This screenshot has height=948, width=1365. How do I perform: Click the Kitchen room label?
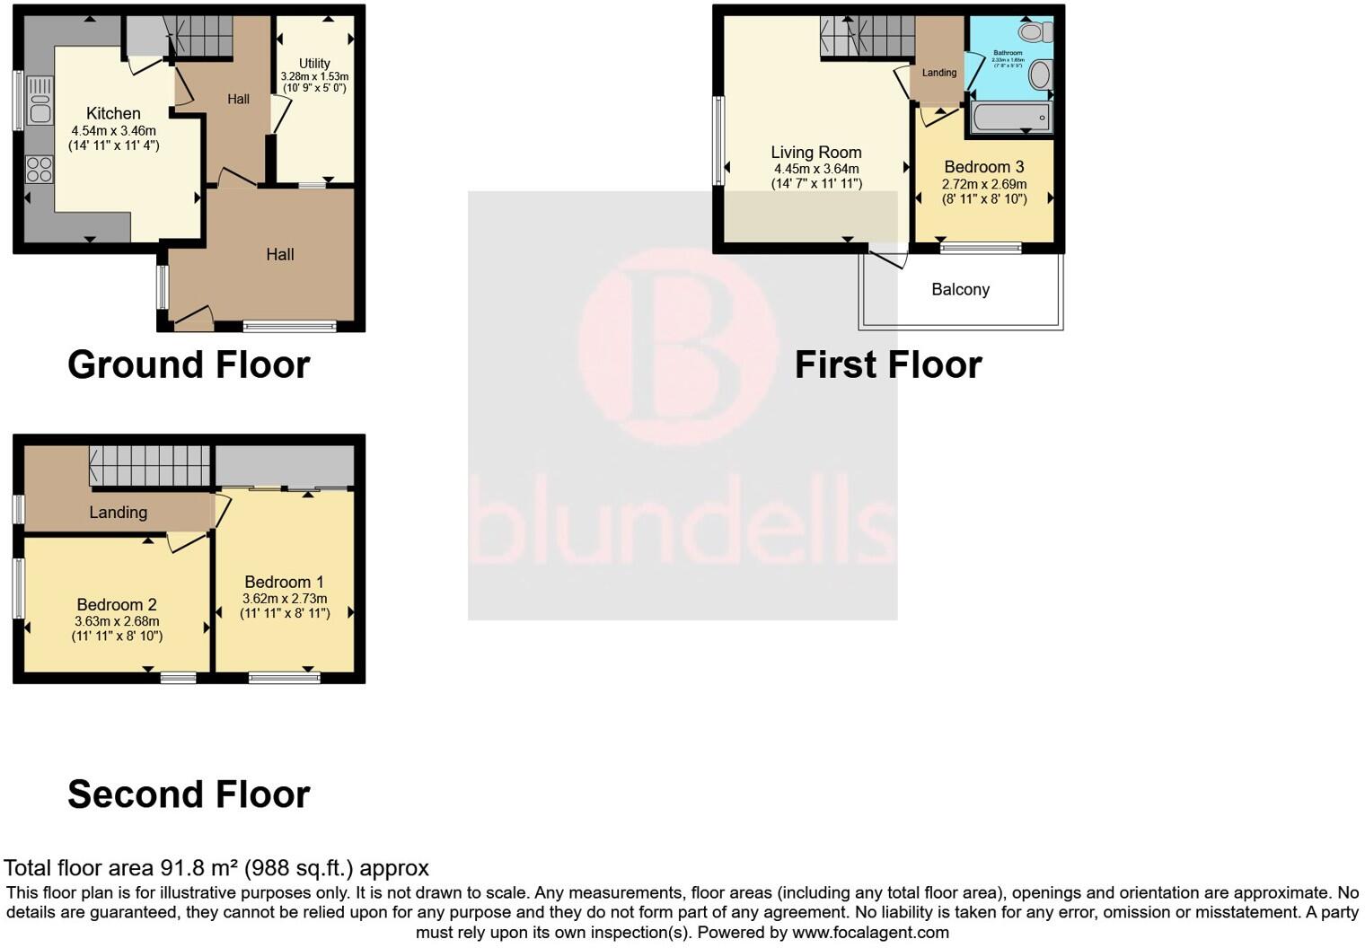[x=113, y=113]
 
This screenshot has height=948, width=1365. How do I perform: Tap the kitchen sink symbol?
[x=40, y=101]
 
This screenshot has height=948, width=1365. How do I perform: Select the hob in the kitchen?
[x=40, y=169]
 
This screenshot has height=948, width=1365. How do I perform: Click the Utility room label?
[x=314, y=64]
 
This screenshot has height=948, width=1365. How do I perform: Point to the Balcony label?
[x=960, y=289]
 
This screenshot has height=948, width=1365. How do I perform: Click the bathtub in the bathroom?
[x=1011, y=118]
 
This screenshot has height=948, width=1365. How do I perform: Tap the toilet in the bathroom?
[x=1035, y=33]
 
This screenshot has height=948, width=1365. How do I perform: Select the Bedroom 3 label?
[x=983, y=167]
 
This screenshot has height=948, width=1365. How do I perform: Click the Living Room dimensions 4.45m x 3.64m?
[x=816, y=169]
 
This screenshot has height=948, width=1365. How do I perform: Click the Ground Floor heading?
[x=189, y=364]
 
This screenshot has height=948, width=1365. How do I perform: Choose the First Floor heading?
[x=887, y=364]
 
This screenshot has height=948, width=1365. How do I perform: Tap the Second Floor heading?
[x=189, y=794]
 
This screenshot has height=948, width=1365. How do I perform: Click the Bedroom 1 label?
[x=284, y=583]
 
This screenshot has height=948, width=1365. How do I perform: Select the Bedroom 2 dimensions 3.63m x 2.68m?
[x=117, y=621]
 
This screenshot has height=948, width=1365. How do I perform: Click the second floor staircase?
[x=149, y=466]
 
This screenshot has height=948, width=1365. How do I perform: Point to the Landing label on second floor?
[x=118, y=513]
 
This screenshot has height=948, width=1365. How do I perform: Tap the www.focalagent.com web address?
[x=870, y=932]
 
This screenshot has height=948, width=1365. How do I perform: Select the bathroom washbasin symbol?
[x=1039, y=75]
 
